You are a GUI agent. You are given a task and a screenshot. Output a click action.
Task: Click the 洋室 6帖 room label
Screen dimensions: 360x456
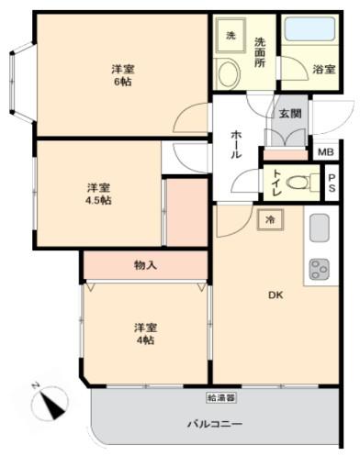[x=123, y=75]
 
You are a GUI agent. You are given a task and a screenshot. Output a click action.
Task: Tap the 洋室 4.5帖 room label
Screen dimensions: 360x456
[x=98, y=194]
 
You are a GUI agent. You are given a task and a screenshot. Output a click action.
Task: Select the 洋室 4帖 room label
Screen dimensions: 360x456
[x=146, y=333]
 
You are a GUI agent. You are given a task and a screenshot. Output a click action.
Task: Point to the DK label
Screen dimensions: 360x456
[x=276, y=295]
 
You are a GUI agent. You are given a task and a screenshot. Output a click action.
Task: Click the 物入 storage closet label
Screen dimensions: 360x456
[x=146, y=265]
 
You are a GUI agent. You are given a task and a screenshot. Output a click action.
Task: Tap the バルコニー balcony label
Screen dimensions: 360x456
[x=215, y=424]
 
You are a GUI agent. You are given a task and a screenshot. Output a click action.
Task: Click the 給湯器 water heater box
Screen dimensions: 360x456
[x=221, y=397]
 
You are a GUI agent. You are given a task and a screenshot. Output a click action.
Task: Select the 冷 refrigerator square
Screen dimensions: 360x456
[x=270, y=219]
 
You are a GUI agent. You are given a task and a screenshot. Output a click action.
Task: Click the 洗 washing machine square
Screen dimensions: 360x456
[x=231, y=36]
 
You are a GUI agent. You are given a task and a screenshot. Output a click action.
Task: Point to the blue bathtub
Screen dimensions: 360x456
[x=310, y=28]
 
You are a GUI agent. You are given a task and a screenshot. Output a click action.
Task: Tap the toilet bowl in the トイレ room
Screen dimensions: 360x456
[x=298, y=183]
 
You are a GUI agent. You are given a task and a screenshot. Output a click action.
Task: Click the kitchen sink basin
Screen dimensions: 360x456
[x=320, y=228]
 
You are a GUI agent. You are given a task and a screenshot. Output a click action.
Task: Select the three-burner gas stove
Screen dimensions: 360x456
[x=320, y=269]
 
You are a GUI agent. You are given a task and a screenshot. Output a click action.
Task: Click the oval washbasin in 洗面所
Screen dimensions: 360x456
[x=228, y=73]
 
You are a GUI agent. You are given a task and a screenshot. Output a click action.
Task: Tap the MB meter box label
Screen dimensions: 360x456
[x=326, y=152]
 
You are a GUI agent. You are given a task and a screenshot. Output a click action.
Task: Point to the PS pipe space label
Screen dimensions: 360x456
[x=332, y=183]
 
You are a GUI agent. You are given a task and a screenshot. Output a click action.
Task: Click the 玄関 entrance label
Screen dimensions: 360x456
[x=290, y=114]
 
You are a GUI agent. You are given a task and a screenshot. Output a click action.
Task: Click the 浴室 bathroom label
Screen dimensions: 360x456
[x=324, y=70]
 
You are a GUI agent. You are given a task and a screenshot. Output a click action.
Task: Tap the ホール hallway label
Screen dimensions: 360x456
[x=236, y=144]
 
